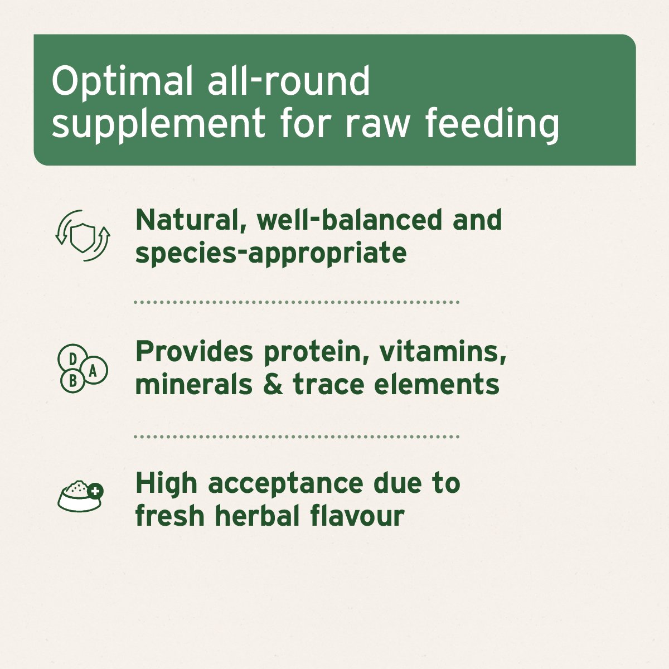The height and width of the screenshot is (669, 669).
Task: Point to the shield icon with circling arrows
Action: click(83, 236)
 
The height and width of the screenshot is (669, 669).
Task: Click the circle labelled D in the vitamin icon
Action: click(72, 358)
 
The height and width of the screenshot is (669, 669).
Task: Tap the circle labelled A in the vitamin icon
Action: click(94, 370)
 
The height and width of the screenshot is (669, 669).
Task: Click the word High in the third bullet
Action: click(166, 484)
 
